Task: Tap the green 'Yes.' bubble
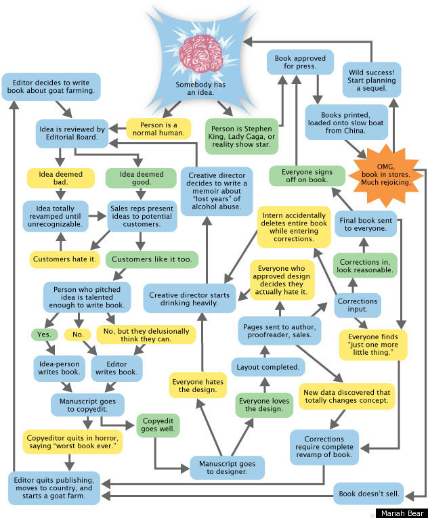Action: click(43, 334)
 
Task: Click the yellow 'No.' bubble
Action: click(78, 334)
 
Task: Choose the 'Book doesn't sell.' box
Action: click(369, 494)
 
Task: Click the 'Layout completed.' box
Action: click(267, 367)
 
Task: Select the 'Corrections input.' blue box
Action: click(358, 304)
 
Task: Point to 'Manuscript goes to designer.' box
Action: click(223, 467)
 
